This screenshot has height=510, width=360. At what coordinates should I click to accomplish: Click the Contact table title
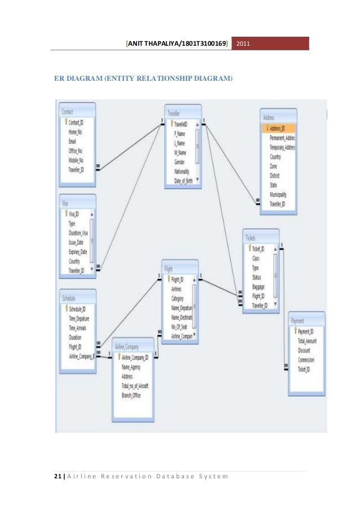68,112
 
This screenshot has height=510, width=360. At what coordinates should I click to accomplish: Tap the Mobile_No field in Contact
77,160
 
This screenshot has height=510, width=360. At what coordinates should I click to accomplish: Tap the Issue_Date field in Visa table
77,241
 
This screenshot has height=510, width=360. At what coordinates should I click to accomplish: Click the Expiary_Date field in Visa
78,251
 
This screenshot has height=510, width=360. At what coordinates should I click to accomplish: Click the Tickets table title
251,238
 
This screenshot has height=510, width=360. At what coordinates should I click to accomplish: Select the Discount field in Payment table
305,350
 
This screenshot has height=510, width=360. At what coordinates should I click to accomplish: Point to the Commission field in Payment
308,360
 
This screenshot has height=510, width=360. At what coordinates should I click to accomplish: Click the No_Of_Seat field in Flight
181,326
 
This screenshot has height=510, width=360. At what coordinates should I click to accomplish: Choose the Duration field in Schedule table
76,337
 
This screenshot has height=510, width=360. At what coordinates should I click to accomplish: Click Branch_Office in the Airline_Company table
131,395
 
